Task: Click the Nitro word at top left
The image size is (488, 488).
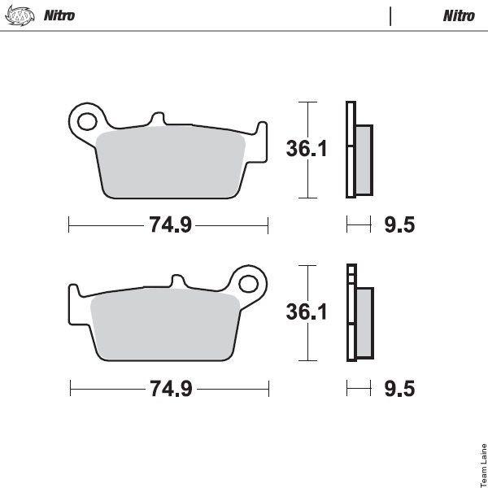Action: click(59, 15)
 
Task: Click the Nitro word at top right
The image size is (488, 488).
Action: click(459, 15)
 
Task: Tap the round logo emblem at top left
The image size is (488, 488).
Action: click(20, 15)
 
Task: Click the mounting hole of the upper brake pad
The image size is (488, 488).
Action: click(87, 121)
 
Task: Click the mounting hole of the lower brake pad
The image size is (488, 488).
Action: click(248, 284)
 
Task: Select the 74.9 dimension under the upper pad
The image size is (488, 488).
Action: click(170, 224)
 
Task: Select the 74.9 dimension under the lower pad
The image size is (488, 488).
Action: click(171, 389)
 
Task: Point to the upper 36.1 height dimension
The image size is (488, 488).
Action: click(307, 149)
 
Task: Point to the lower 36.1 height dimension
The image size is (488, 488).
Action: click(307, 312)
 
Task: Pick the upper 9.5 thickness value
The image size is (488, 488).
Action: click(399, 224)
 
